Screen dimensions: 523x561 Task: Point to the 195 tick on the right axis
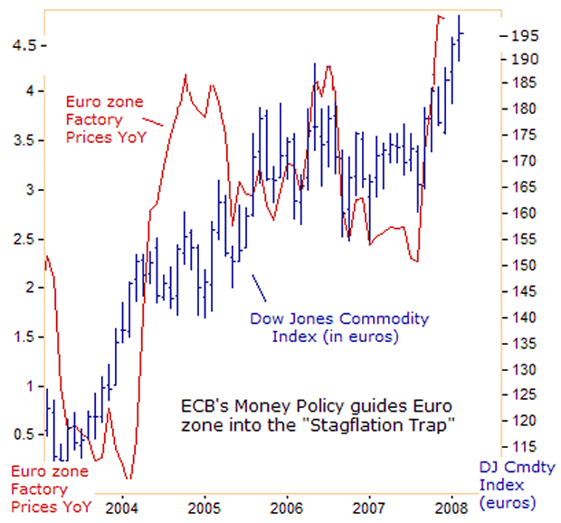(526, 35)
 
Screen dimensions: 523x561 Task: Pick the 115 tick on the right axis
(526, 448)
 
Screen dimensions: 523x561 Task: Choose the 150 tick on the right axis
(526, 266)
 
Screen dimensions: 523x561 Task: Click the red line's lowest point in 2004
(129, 479)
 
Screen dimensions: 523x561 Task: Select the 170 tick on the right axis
(526, 161)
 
